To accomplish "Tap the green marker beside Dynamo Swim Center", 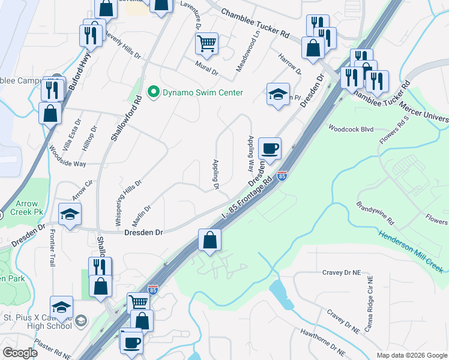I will click(x=153, y=92).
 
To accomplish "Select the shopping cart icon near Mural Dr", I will click(x=206, y=43).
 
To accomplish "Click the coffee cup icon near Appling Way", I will click(x=270, y=148).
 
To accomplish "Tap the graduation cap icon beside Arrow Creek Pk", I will click(x=70, y=214).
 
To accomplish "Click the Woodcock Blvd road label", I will click(x=351, y=128).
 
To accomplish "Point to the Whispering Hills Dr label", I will click(x=128, y=202).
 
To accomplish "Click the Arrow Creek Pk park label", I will click(x=29, y=208).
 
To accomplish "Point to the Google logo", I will click(x=20, y=353).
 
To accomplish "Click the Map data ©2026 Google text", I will click(x=411, y=355).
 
